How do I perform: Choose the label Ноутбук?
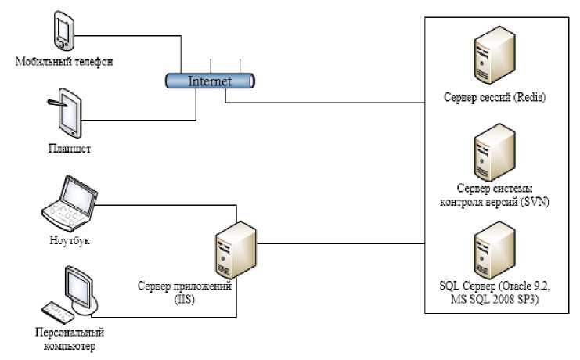(x=69, y=240)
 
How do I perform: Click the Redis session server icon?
(x=493, y=62)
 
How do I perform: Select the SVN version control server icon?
(x=493, y=151)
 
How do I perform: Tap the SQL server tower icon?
(x=493, y=246)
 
